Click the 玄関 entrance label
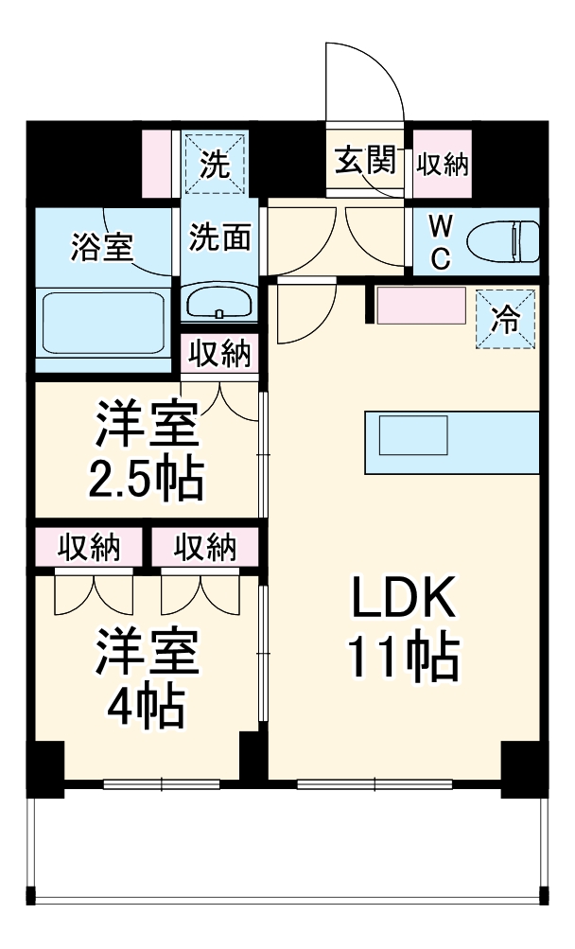(x=364, y=163)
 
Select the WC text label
(x=441, y=242)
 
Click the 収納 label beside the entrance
(x=444, y=164)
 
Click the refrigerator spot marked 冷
(x=506, y=319)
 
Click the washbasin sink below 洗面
(x=218, y=304)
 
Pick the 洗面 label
(x=219, y=237)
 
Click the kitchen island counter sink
(x=412, y=437)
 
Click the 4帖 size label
(x=147, y=705)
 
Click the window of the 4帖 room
(x=162, y=783)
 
